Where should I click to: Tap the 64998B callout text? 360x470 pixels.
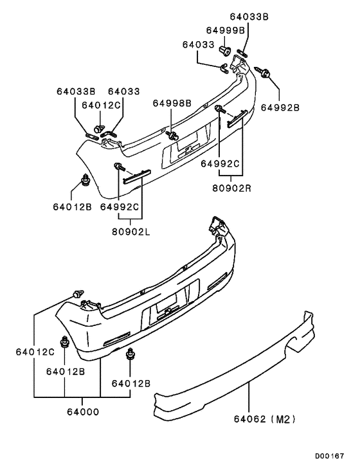[172, 103]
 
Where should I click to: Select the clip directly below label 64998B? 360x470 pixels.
[174, 135]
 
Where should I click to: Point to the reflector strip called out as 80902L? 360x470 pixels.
[136, 175]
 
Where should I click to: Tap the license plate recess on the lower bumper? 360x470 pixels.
[169, 309]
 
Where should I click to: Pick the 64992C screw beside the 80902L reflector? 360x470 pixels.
[118, 168]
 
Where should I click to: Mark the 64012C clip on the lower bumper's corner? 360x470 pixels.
[79, 294]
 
